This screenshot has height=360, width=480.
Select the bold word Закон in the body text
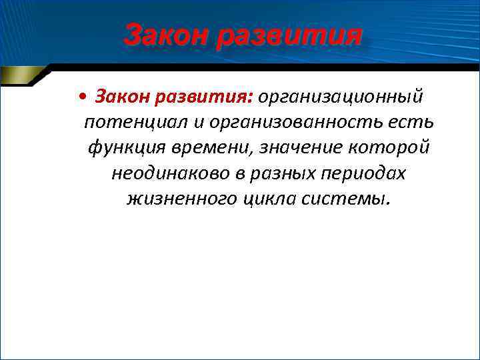(x=121, y=98)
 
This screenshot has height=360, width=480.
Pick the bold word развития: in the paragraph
(x=203, y=98)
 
